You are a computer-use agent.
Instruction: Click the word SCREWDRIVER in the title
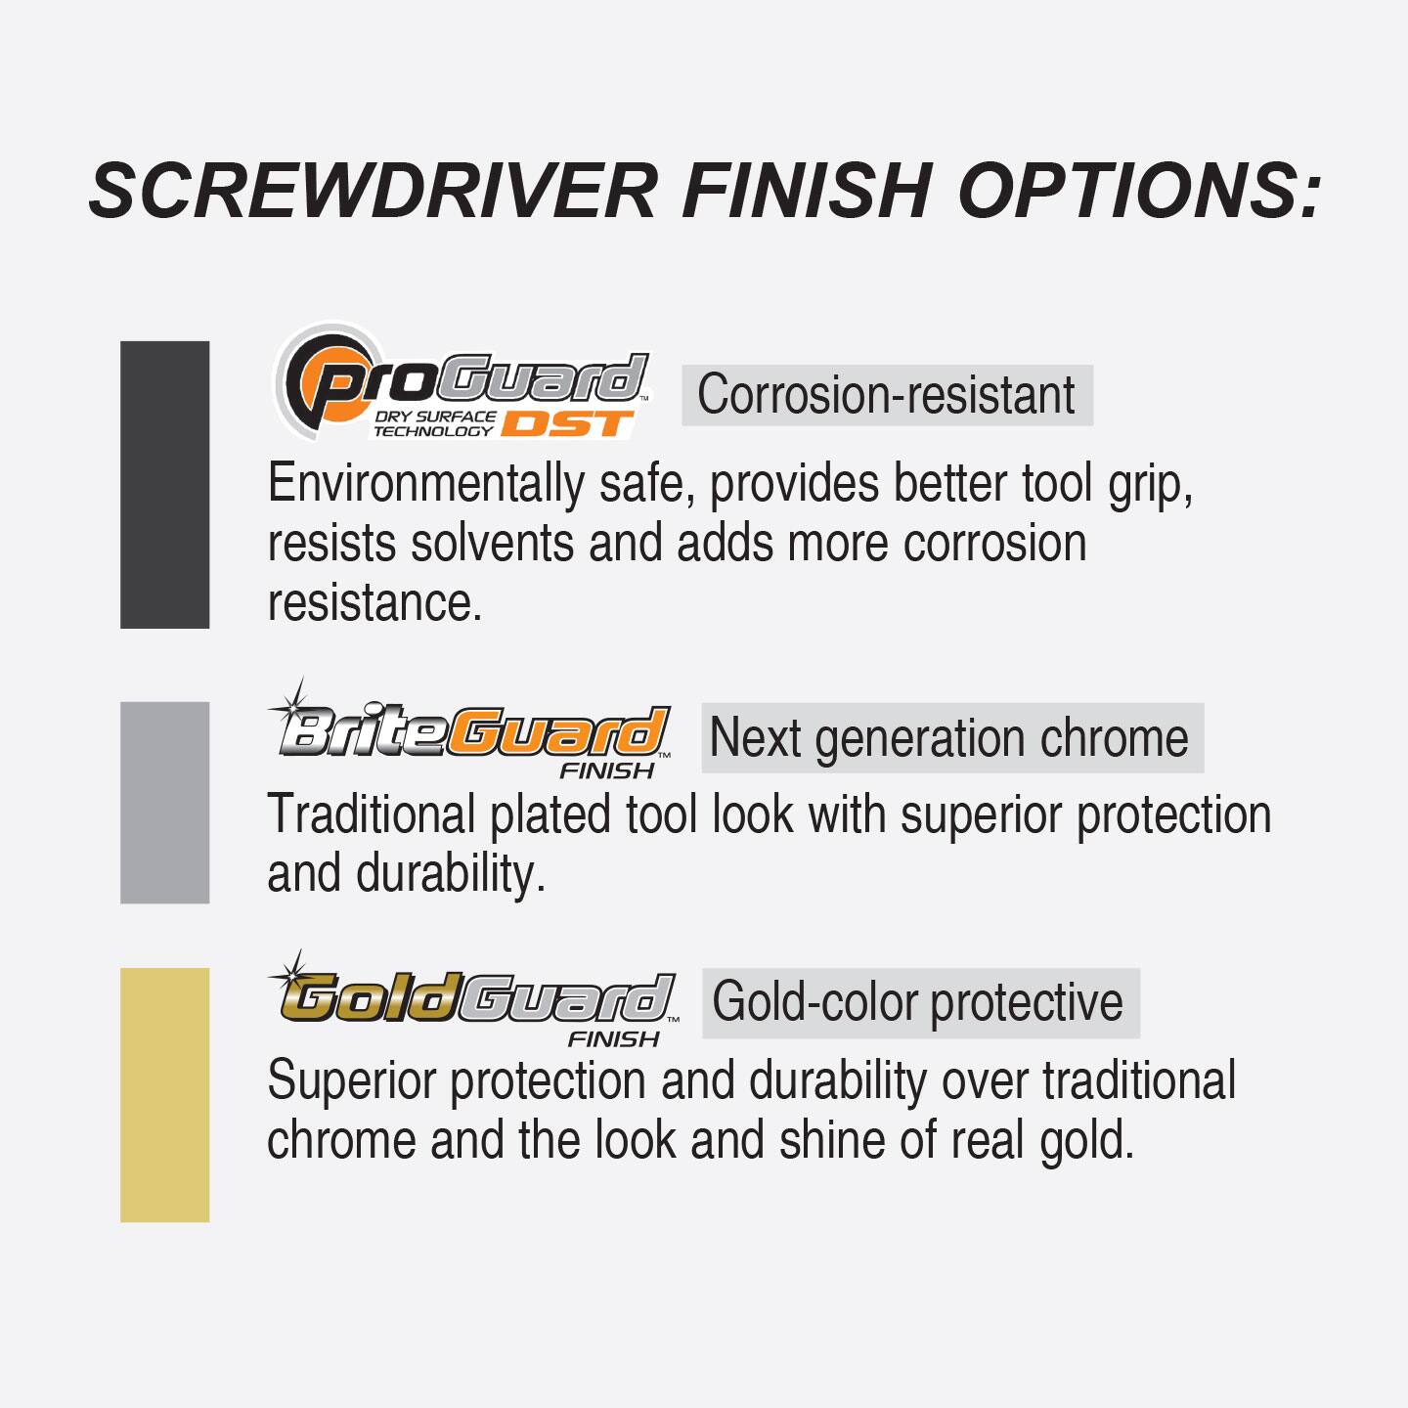[x=373, y=190]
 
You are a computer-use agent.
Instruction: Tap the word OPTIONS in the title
[x=1139, y=190]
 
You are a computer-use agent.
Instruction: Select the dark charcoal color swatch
[x=164, y=484]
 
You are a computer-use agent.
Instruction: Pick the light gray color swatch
[x=164, y=802]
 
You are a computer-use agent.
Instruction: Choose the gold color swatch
[x=164, y=1094]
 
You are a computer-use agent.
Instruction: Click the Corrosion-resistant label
[x=886, y=395]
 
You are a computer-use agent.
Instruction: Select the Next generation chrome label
[x=950, y=737]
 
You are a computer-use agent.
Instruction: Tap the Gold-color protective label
[x=919, y=1002]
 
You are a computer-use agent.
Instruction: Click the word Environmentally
[x=425, y=484]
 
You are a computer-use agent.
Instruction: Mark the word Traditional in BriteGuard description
[x=371, y=814]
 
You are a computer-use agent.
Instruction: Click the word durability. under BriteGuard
[x=451, y=873]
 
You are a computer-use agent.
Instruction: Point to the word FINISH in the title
[x=807, y=190]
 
